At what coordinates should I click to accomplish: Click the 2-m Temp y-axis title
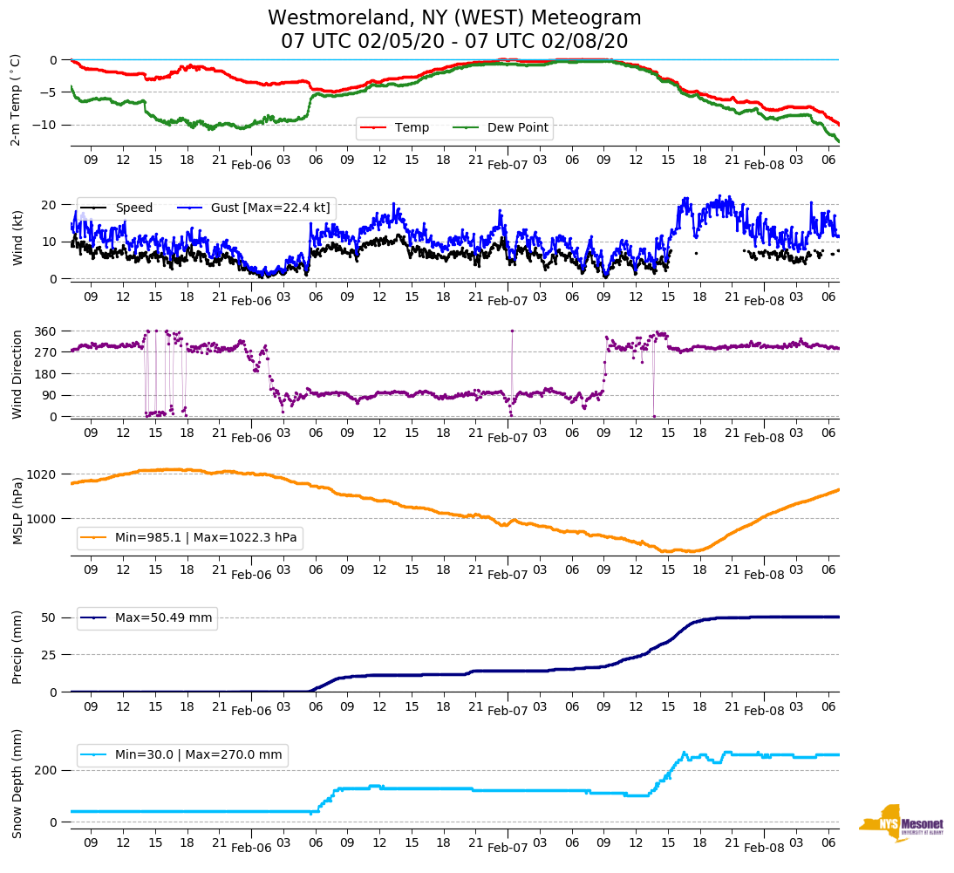[15, 99]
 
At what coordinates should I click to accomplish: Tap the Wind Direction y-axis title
[17, 374]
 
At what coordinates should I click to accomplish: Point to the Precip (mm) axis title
[17, 647]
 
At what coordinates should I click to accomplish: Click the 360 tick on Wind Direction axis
[46, 331]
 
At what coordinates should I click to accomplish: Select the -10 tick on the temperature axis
[46, 125]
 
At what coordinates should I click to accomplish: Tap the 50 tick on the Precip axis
[50, 617]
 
